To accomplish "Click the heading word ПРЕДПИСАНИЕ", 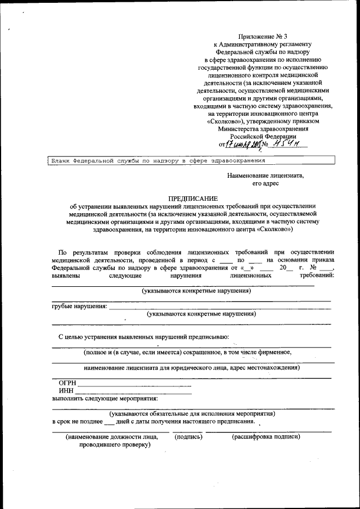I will (192, 198).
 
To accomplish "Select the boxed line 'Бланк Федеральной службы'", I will (159, 161).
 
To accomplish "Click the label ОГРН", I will (67, 383).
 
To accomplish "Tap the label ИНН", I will (66, 391).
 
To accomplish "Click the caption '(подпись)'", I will (188, 436).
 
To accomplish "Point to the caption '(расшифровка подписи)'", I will (266, 436).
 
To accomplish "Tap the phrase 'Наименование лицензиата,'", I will (265, 175).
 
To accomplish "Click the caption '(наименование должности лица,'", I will (111, 436).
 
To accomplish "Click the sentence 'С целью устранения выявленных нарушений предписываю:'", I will (143, 337).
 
